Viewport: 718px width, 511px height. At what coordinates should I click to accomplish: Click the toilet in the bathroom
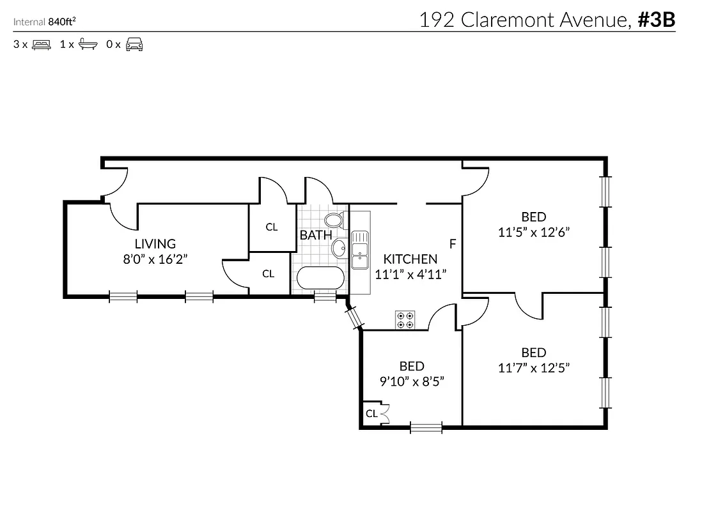(333, 220)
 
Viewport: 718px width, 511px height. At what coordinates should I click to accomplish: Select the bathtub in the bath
(320, 278)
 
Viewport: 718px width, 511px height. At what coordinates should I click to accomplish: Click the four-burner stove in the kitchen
(404, 319)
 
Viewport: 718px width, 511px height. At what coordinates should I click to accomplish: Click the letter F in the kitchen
(453, 244)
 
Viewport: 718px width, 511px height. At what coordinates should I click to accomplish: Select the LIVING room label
(155, 243)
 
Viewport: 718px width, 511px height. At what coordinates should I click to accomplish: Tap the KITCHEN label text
(410, 259)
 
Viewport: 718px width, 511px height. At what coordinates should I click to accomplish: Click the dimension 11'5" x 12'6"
(534, 232)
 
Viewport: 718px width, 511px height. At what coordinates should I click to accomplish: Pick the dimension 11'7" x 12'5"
(534, 368)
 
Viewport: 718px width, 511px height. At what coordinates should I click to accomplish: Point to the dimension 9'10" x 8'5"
(412, 381)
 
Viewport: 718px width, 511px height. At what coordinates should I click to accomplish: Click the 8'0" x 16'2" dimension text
(155, 259)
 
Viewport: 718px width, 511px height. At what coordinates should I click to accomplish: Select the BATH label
(316, 235)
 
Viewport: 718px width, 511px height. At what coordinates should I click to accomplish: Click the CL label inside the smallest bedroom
(371, 414)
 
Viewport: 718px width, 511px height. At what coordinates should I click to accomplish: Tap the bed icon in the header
(41, 45)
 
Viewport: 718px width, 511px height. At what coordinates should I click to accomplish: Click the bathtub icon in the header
(88, 45)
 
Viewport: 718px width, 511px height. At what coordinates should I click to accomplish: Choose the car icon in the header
(134, 45)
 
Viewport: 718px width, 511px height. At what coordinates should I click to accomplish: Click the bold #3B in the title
(656, 20)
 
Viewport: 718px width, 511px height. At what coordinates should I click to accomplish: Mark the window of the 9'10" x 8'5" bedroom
(426, 427)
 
